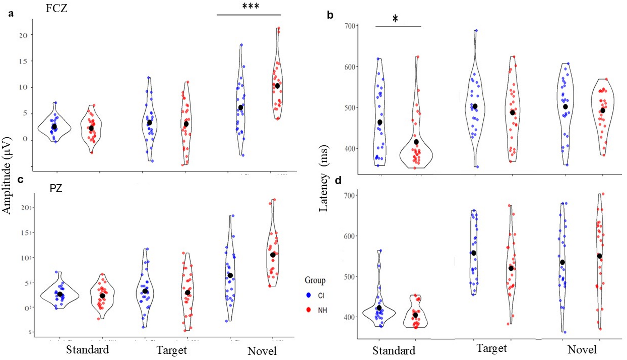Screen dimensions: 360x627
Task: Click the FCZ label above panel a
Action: [56, 8]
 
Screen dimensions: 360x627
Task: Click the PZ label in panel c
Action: [56, 188]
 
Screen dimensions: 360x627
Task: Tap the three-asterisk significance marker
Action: [250, 6]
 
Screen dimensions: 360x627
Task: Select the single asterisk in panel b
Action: [395, 19]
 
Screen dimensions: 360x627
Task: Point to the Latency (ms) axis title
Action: [323, 178]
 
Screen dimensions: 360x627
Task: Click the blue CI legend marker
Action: [309, 295]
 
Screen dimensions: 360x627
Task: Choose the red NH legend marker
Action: [309, 310]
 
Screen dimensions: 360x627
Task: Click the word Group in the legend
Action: [315, 280]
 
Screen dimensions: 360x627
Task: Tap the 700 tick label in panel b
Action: [350, 26]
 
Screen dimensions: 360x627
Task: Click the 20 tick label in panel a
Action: [23, 35]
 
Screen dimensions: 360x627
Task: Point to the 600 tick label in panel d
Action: [349, 236]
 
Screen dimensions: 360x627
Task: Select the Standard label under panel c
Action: [87, 349]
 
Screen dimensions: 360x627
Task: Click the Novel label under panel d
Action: [582, 349]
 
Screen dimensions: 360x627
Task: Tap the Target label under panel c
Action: [171, 350]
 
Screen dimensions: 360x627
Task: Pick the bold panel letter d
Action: [338, 180]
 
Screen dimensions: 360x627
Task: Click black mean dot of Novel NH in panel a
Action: [277, 86]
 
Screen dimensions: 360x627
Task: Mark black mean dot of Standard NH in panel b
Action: [416, 142]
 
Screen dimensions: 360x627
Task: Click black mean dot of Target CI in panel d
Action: [473, 253]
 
